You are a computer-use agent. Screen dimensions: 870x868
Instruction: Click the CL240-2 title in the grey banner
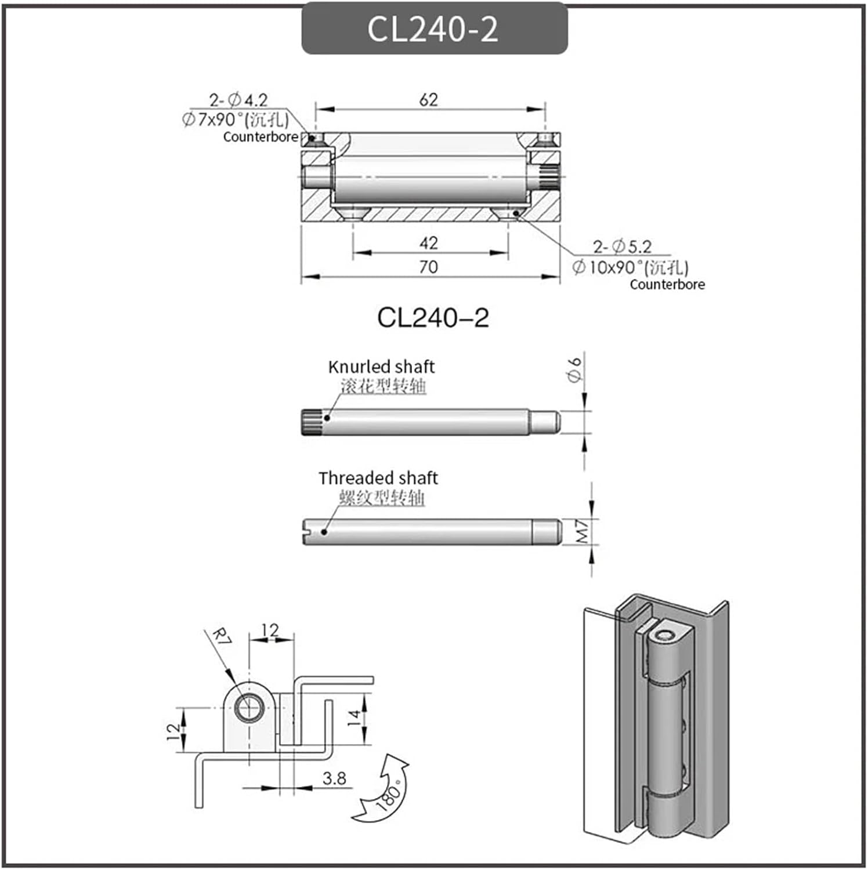[433, 29]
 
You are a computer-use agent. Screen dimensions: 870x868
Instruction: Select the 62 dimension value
[429, 100]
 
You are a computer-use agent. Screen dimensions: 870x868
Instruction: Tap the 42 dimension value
[429, 243]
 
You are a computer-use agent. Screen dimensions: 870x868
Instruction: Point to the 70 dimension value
[429, 267]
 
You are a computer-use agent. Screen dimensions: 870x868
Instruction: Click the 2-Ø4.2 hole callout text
[238, 100]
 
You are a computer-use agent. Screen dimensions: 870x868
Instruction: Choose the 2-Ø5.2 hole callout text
[622, 247]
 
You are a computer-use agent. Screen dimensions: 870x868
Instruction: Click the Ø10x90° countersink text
[630, 267]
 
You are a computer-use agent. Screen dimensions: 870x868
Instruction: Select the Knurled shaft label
[381, 367]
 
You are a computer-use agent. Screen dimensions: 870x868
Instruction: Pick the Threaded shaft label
[378, 478]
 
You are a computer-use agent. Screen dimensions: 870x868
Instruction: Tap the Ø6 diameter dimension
[574, 370]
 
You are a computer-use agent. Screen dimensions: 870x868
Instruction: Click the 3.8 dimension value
[334, 778]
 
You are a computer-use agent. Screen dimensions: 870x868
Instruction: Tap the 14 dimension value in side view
[353, 719]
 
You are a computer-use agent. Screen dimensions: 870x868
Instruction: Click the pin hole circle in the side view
[249, 708]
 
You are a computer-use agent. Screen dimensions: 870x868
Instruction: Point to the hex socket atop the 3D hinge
[665, 636]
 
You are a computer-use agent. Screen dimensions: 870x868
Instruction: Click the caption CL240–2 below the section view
[433, 318]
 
